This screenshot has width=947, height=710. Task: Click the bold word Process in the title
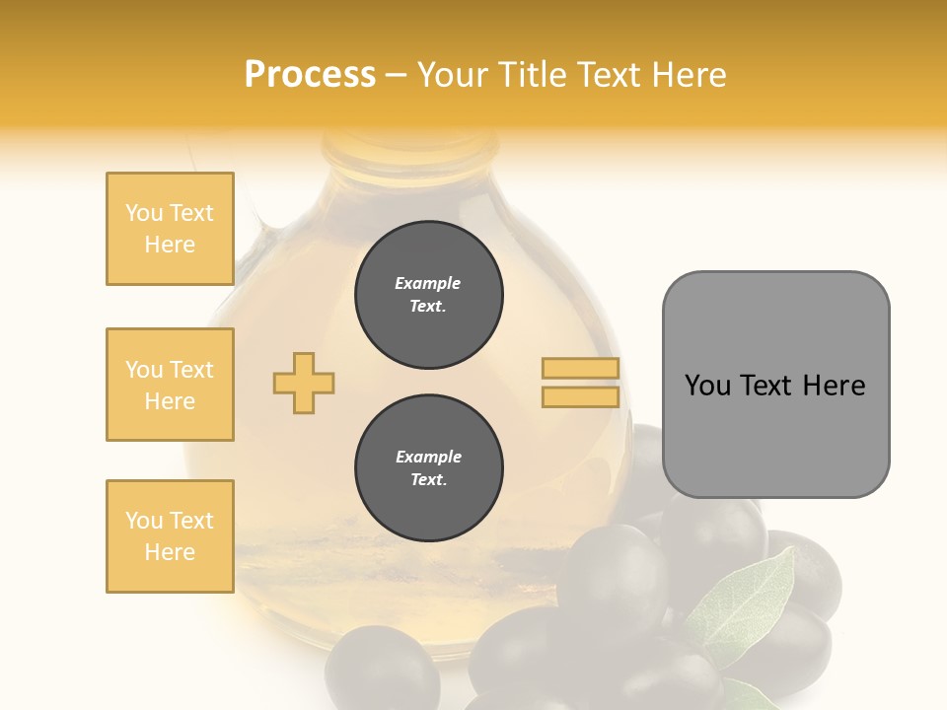310,75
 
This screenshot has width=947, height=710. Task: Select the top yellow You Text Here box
170,229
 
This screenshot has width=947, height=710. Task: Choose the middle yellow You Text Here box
170,385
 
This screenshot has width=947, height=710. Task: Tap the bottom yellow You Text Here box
170,536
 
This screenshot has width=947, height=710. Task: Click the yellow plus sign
304,383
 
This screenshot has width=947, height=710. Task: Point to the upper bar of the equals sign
580,368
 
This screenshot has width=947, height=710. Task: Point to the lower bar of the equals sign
580,396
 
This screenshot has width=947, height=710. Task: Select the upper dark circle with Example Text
428,295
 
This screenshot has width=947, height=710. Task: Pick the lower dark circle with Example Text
428,468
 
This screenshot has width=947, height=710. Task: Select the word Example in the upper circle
428,284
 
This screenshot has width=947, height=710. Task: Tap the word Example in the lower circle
428,458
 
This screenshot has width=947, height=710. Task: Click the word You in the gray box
707,386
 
